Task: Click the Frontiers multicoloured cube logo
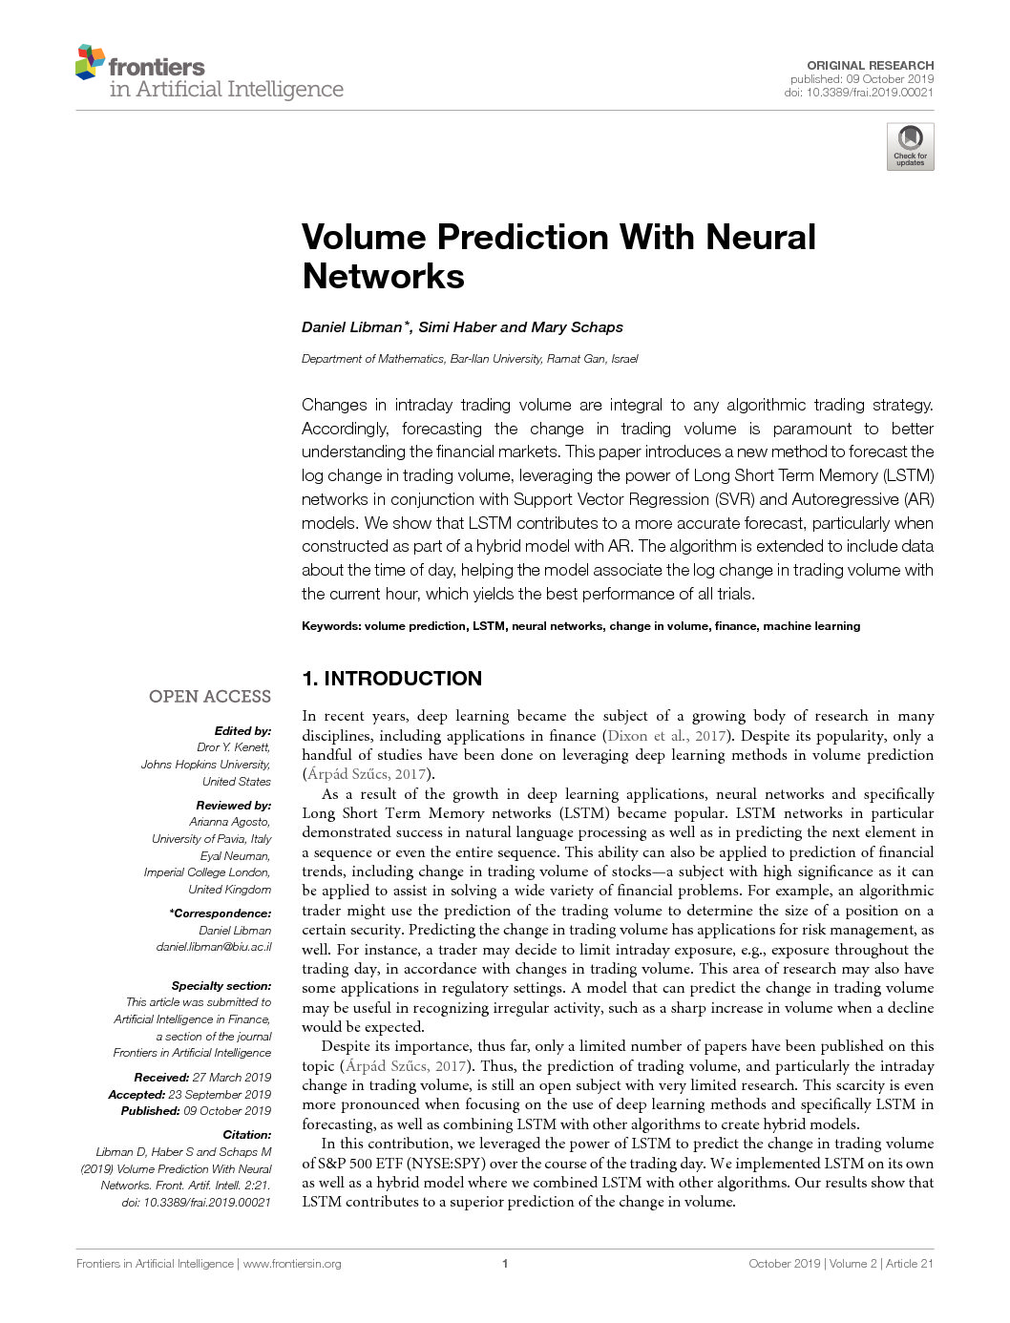tap(90, 61)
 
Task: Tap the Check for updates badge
tap(910, 147)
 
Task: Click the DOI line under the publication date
tap(858, 93)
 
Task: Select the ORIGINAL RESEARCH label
tap(870, 66)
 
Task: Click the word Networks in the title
tap(383, 277)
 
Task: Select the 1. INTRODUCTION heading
tap(391, 679)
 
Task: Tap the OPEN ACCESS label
tap(210, 697)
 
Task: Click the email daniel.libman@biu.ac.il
tap(214, 947)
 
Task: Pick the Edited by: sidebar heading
tap(242, 731)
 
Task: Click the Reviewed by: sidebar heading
tap(233, 806)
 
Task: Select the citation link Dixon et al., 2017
tap(665, 736)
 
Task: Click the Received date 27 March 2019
tap(232, 1078)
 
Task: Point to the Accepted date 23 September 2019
tap(220, 1095)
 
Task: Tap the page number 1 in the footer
tap(505, 1264)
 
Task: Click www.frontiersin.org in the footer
tap(292, 1264)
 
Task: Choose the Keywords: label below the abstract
tap(330, 626)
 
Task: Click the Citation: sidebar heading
tap(247, 1135)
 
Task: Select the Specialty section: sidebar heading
tap(221, 986)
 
